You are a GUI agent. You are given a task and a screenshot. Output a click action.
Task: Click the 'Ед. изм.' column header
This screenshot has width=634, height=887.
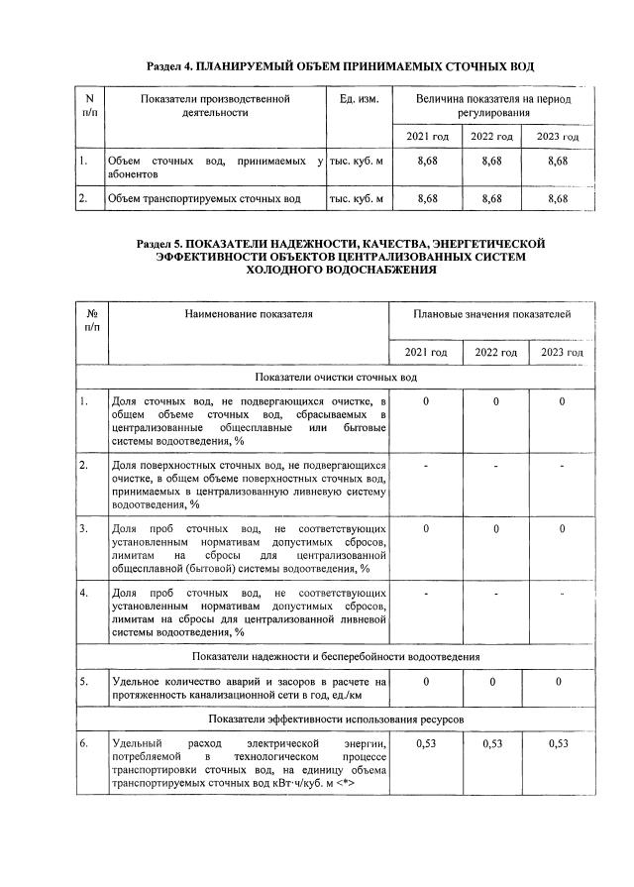coord(359,100)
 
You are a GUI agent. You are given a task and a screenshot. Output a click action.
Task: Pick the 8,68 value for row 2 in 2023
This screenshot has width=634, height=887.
coord(558,199)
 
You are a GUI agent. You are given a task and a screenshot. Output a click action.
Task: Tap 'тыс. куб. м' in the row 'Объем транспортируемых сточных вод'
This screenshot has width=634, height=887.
coord(356,199)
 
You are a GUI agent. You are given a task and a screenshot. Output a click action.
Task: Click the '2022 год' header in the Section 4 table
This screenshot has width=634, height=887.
coord(491,136)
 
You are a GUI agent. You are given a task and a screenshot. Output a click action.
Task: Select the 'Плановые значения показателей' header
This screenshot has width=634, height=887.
coord(492,314)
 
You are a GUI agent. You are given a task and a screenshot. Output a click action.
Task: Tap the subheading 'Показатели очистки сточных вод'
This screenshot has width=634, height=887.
coord(336,378)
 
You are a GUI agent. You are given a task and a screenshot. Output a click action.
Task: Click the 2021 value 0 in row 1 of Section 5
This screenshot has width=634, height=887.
coord(426,401)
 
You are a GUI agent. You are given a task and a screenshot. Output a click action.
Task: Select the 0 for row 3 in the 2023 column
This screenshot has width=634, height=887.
coord(561,529)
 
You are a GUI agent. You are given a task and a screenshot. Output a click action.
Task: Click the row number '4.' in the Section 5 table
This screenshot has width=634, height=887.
coord(85,593)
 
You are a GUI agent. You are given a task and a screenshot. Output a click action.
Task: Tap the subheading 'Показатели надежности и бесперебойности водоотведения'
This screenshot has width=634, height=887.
coord(336,657)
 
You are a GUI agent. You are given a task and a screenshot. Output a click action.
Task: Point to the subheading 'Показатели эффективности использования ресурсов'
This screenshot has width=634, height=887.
coord(336,718)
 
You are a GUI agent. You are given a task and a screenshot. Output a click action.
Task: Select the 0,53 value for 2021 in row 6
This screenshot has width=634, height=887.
coord(426,742)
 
